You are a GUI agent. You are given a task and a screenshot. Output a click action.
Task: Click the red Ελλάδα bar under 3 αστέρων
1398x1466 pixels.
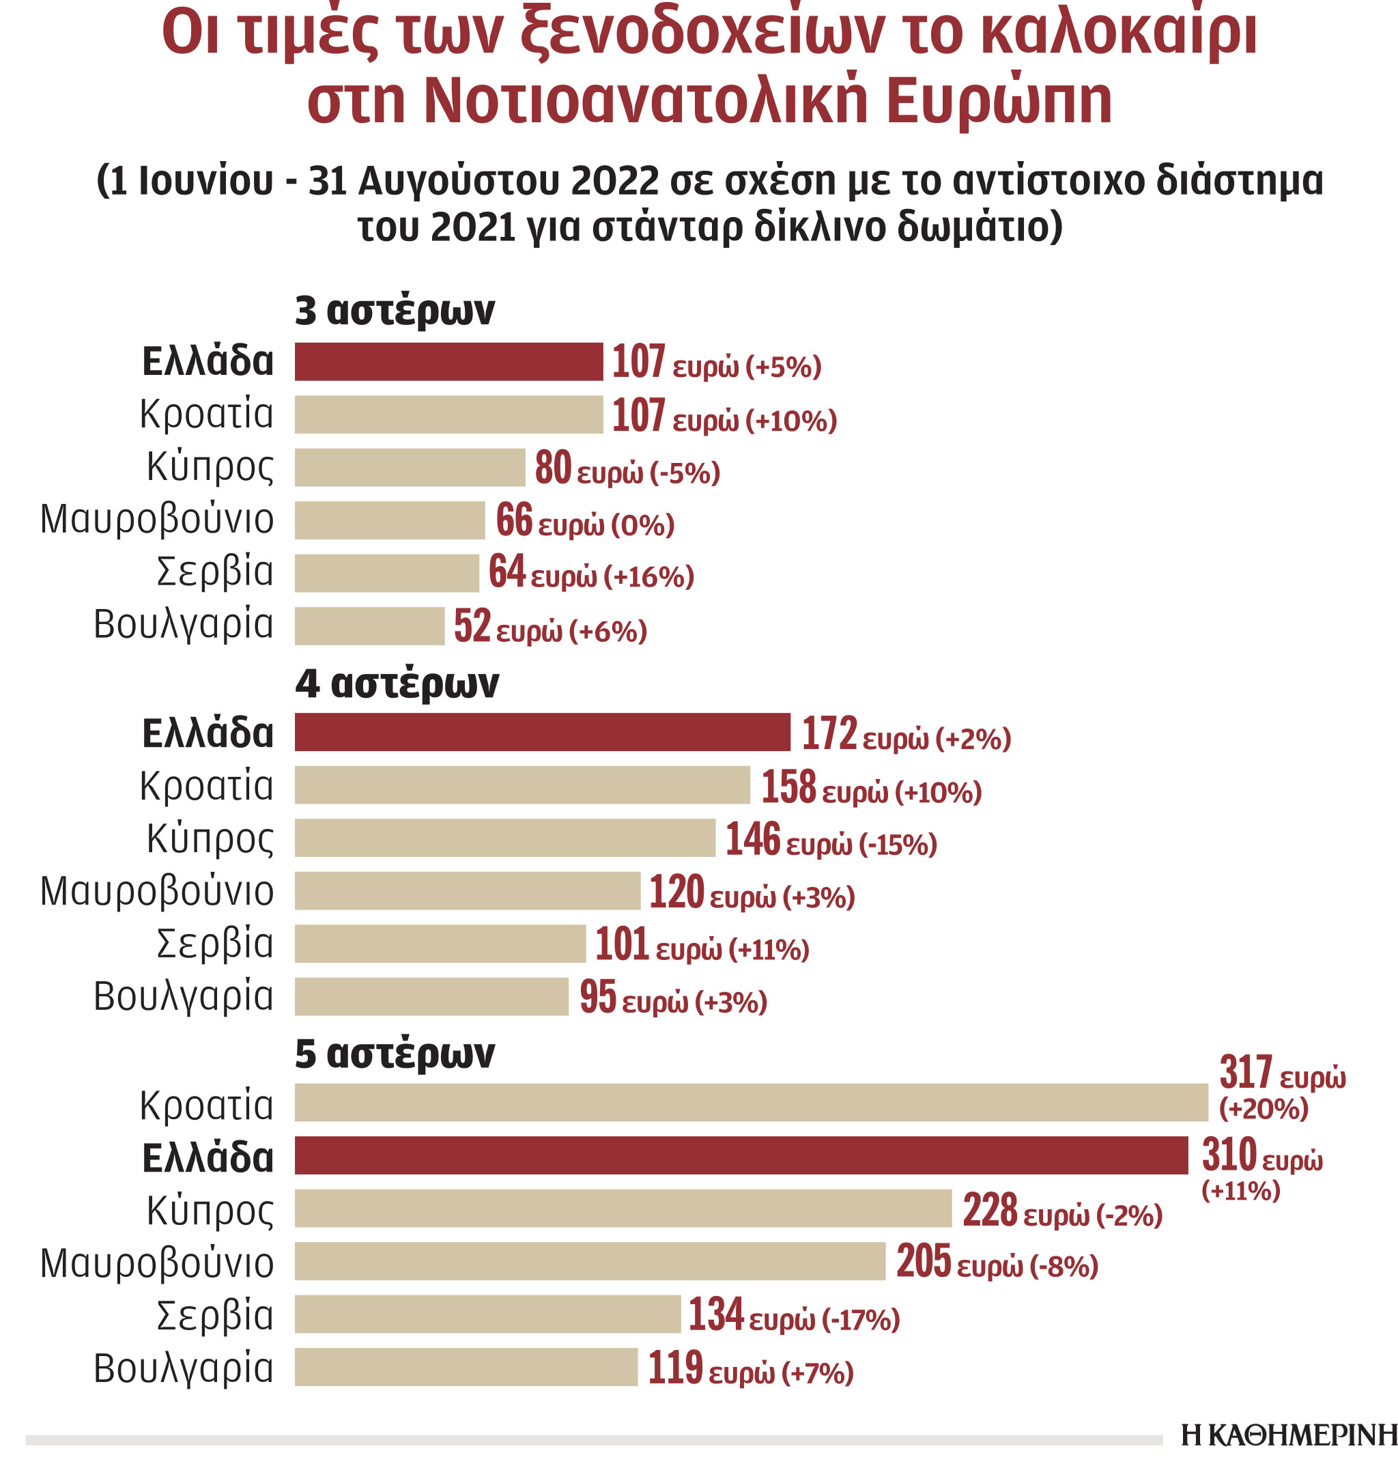point(448,361)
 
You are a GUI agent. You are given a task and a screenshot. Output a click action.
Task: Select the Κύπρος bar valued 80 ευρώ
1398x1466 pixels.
point(409,467)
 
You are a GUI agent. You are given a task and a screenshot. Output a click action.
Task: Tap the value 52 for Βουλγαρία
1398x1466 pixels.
point(472,625)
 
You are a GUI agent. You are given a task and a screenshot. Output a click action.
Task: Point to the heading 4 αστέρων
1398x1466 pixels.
point(397,683)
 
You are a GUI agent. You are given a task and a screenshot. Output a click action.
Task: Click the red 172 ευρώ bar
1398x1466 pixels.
point(542,732)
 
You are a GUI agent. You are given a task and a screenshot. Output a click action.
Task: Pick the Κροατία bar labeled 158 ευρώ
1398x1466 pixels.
point(522,785)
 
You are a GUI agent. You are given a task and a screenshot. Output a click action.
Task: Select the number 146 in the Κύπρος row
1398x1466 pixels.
point(752,838)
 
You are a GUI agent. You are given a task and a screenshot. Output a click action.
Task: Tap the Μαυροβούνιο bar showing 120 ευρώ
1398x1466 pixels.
point(466,890)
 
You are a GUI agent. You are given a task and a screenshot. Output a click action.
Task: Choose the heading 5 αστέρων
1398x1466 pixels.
point(395,1054)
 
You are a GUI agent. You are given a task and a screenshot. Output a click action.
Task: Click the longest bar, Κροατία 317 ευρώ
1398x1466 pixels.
point(750,1102)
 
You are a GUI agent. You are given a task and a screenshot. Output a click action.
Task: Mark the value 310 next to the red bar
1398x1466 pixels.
point(1229,1155)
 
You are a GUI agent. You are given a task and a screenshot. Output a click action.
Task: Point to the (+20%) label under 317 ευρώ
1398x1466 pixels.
point(1263,1108)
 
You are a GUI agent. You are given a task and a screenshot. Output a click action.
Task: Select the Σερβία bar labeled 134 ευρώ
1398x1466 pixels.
point(487,1314)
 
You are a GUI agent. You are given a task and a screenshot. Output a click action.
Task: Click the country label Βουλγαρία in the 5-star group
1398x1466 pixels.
point(184,1368)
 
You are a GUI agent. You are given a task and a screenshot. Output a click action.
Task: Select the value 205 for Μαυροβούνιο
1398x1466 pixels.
point(924,1261)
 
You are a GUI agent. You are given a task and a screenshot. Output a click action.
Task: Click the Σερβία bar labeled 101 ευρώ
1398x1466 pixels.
point(440,944)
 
